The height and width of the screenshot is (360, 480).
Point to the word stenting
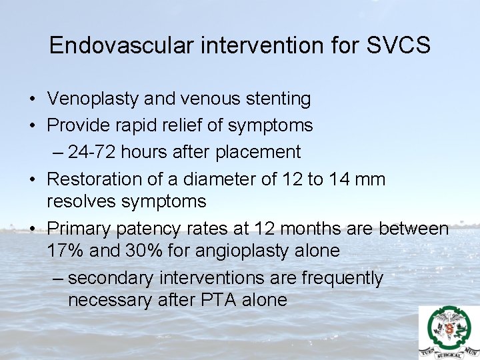point(276,99)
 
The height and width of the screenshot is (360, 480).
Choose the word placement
point(257,152)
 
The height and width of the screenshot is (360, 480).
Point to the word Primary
point(79,229)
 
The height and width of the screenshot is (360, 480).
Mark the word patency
point(151,229)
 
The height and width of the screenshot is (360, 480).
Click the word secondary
point(113,278)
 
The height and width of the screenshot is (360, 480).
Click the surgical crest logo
point(449,332)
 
